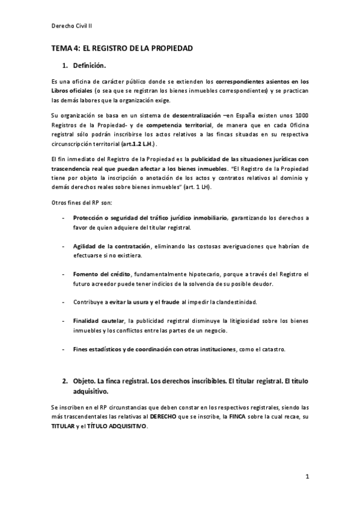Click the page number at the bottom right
[307, 478]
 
